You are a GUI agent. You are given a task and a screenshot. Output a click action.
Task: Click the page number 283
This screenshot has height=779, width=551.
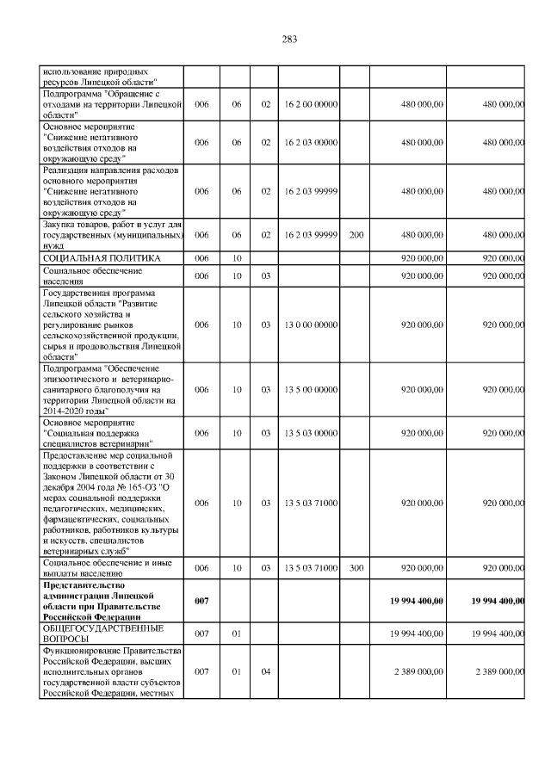click(x=288, y=40)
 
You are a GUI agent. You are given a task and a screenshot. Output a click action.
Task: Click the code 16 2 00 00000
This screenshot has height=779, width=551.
click(x=310, y=104)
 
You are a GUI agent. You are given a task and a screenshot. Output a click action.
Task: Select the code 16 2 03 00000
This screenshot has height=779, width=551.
click(x=310, y=143)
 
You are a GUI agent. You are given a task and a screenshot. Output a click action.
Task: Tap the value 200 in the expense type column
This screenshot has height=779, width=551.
click(x=356, y=234)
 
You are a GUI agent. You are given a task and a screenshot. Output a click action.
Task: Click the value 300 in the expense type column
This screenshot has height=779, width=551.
click(x=356, y=568)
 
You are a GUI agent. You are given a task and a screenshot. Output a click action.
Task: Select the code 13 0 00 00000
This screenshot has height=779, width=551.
click(x=310, y=325)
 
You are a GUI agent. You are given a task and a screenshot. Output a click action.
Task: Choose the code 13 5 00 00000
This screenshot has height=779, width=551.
click(x=310, y=390)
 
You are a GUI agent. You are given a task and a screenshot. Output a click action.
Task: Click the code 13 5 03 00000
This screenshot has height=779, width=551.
click(x=310, y=433)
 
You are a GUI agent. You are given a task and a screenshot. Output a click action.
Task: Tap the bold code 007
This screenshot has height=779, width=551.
click(x=201, y=600)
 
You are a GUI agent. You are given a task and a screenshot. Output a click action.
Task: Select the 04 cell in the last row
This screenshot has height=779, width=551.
click(x=266, y=671)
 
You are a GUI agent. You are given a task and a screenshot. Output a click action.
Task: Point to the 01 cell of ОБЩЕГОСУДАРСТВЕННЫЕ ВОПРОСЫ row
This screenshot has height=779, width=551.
click(x=236, y=634)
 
